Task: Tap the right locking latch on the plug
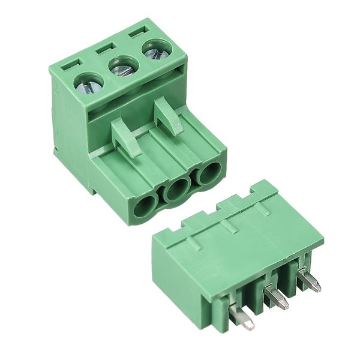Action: [x=169, y=116]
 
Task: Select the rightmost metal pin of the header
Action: [x=308, y=280]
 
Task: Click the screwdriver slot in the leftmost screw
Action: [x=89, y=85]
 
